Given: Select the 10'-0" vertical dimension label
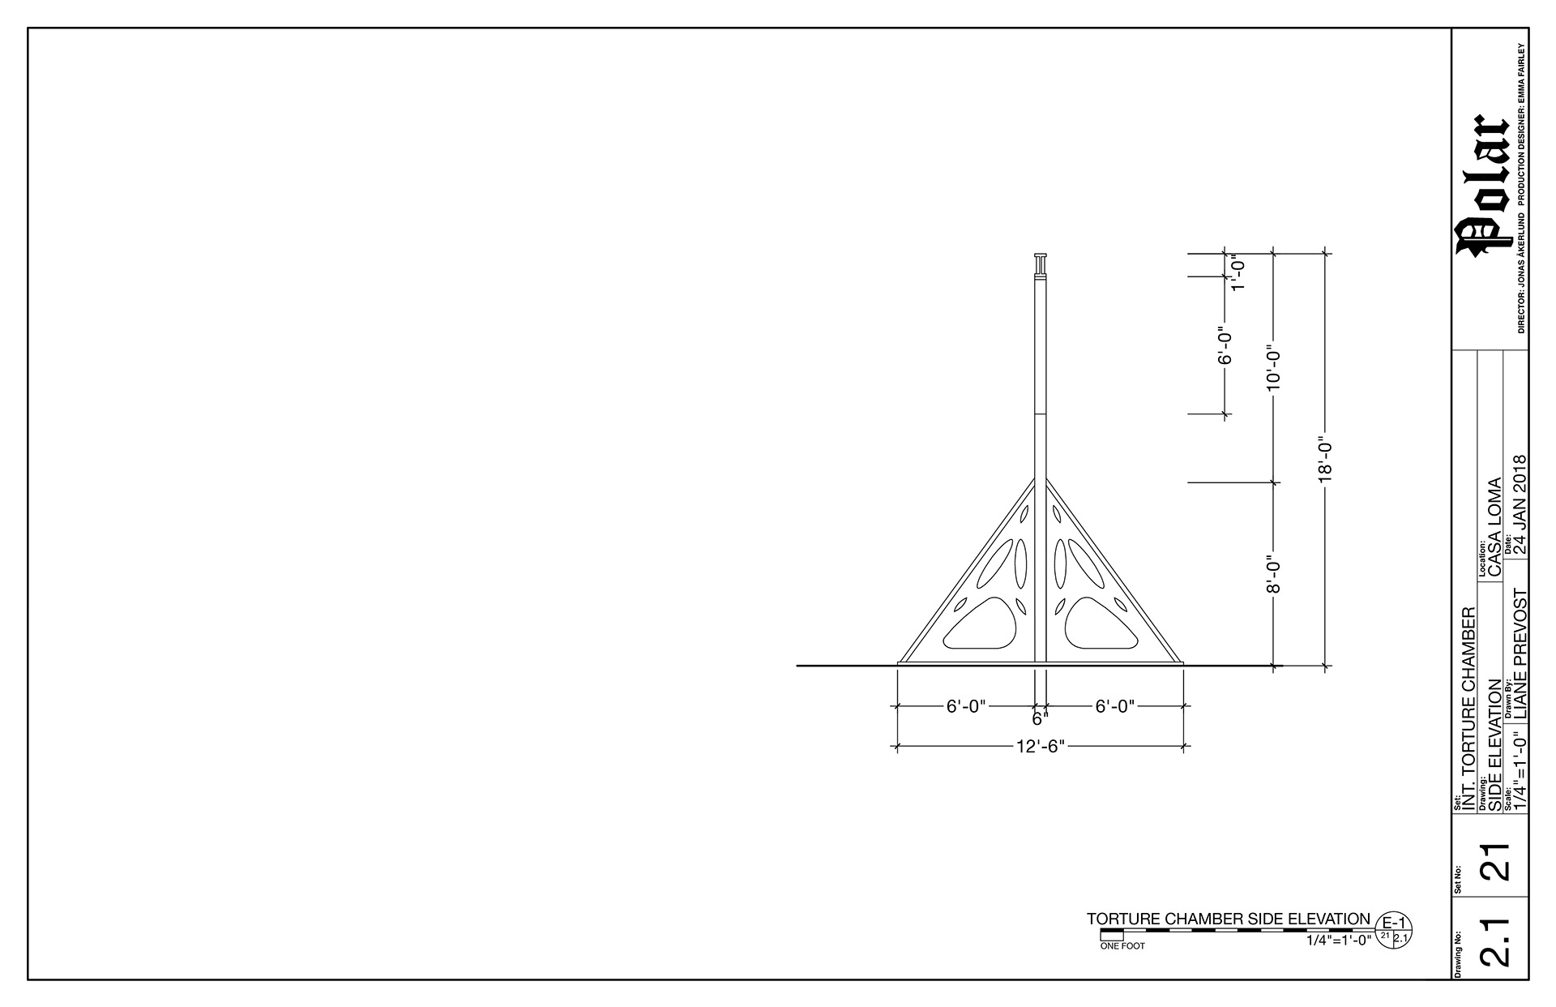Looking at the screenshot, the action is coord(1274,366).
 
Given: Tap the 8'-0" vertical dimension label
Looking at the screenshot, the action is coord(1274,574).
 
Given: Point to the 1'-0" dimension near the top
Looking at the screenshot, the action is coord(1237,274).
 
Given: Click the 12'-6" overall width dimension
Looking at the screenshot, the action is coord(1040,747).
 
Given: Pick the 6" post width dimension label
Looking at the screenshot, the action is coord(1040,719).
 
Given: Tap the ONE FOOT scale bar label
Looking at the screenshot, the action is coord(1122,946).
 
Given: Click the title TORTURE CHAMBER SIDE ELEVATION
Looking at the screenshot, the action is coord(1229,919).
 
